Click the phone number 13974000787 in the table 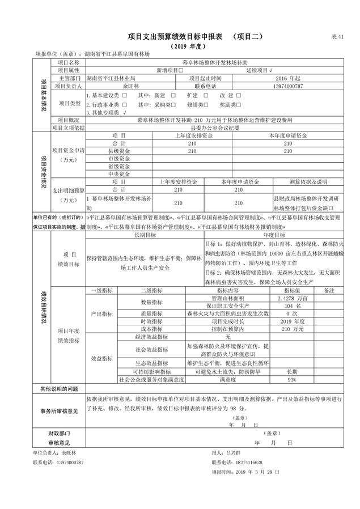tap(287, 86)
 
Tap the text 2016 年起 tap(287, 78)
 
